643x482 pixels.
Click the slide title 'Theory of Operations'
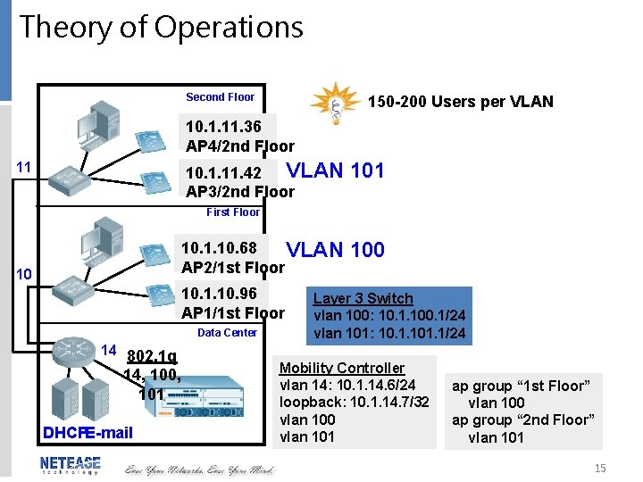coord(162,28)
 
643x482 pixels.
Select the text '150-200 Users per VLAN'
coord(461,102)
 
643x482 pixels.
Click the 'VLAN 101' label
coord(335,170)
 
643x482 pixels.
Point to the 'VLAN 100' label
coord(335,250)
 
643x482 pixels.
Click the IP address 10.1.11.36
coord(223,127)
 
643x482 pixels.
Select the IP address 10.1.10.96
coord(219,293)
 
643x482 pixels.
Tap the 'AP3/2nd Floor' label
coord(239,191)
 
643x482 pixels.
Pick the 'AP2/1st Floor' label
coord(232,268)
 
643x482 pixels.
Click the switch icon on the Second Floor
coord(76,179)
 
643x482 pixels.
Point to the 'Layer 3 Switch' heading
coord(363,298)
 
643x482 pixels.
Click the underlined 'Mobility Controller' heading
coord(342,368)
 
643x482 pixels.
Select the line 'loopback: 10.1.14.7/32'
coord(355,403)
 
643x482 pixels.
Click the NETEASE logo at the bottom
coord(70,465)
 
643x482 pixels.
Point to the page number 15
coord(599,468)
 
